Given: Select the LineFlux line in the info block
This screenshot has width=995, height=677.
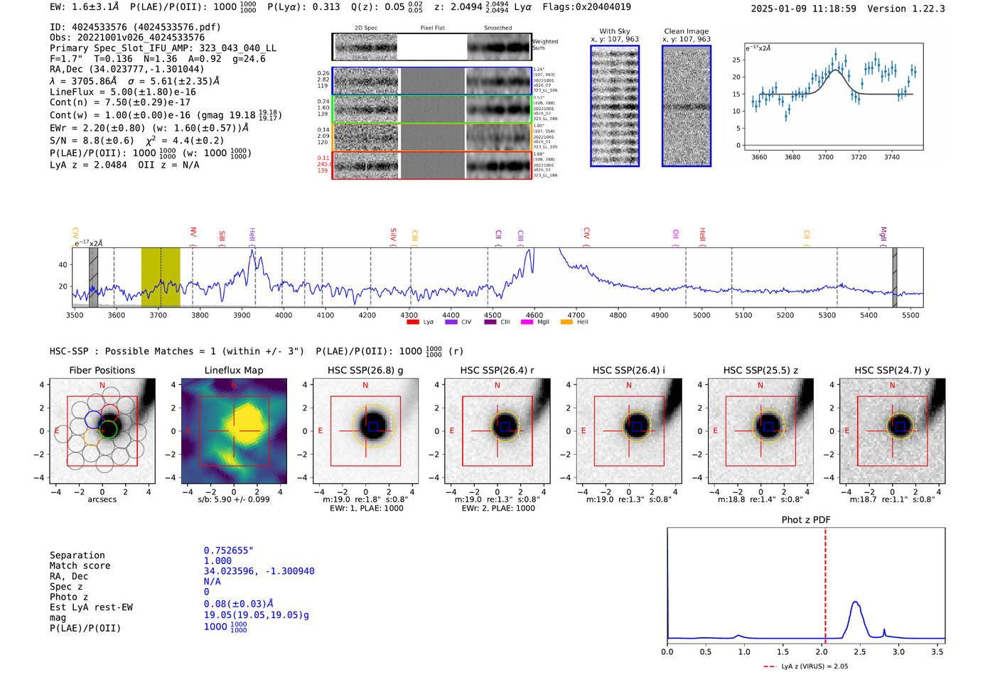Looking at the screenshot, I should pos(122,92).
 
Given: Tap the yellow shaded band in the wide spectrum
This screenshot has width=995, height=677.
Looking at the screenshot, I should pos(160,277).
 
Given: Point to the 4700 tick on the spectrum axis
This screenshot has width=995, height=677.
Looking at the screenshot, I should pos(576,315).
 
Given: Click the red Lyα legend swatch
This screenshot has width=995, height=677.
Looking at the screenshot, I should pos(412,323).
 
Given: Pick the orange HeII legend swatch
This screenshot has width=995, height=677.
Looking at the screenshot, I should pos(566,323).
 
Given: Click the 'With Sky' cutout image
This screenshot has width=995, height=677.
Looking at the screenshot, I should pos(615,106).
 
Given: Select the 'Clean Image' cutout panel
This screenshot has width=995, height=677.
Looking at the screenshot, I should pos(687,106).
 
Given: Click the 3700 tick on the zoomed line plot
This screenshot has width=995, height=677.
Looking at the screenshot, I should pos(825,157).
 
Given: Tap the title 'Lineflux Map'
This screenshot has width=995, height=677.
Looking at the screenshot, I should pos(234,370).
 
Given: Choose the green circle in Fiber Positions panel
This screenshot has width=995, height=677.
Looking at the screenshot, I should pos(108,429).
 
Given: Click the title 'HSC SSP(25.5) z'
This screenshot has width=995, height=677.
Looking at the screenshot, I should pos(760,370).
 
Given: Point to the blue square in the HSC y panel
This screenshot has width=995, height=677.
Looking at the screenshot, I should pos(900,426).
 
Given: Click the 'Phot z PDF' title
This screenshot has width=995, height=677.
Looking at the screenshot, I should pos(806,519).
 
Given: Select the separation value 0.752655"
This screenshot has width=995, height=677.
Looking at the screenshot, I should pos(228,551).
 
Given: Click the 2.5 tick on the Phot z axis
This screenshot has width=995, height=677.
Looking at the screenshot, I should pos(860,651).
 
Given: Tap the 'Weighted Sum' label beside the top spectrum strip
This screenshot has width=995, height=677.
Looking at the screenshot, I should pos(545,45).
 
